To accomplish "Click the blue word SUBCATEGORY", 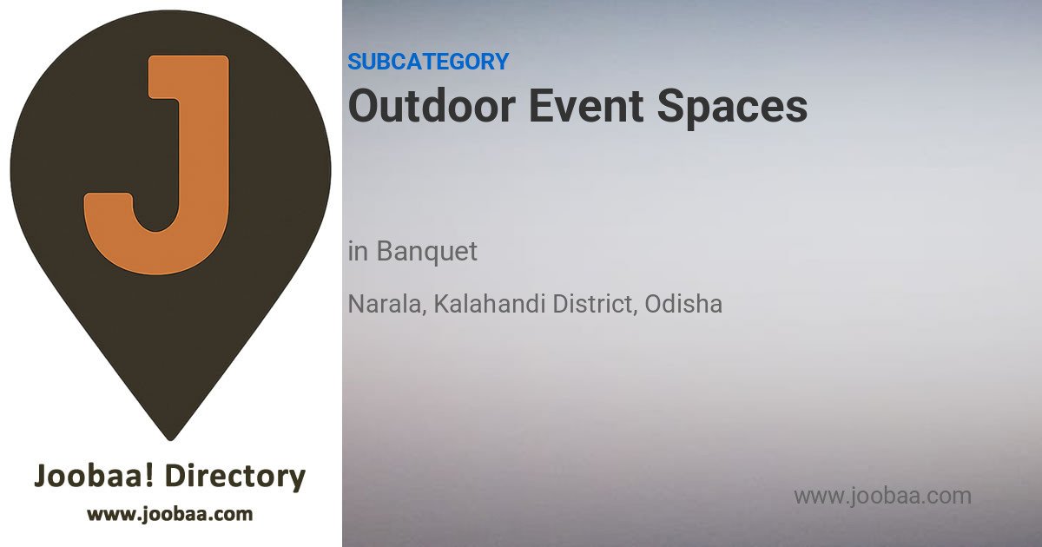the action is tap(428, 62).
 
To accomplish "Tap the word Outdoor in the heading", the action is tap(432, 106).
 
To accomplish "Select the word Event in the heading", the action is tap(586, 106).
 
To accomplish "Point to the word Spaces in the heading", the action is tap(732, 109).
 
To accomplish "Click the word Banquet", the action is tap(426, 252).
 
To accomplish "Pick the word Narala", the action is tap(385, 304).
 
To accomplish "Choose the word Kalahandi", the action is tap(490, 304).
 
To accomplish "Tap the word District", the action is tap(592, 304).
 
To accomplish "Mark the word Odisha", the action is tap(683, 304).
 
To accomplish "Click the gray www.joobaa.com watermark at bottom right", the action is tap(882, 497).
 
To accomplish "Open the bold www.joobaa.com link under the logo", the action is tap(170, 514).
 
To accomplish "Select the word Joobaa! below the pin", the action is tap(94, 476).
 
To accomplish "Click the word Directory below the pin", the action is tap(235, 477).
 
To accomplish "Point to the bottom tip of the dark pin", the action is tap(170, 439).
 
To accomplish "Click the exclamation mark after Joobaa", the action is tap(148, 475).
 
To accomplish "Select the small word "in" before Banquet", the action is tap(358, 252).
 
